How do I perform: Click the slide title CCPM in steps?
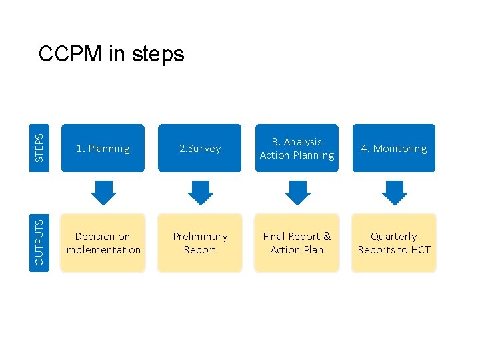tap(111, 53)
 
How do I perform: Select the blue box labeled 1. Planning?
tap(103, 149)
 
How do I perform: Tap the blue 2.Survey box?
tap(200, 149)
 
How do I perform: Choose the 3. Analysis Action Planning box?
tap(297, 149)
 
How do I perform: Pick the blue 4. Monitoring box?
tap(393, 149)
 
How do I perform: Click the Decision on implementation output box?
tap(103, 243)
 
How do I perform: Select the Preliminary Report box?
tap(200, 243)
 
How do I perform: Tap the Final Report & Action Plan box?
tap(297, 243)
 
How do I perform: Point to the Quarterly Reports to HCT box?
tap(393, 243)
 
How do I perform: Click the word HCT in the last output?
tap(420, 250)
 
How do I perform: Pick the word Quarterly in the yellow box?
tap(393, 237)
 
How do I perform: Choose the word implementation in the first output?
tap(103, 250)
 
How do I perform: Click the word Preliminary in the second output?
tap(200, 237)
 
